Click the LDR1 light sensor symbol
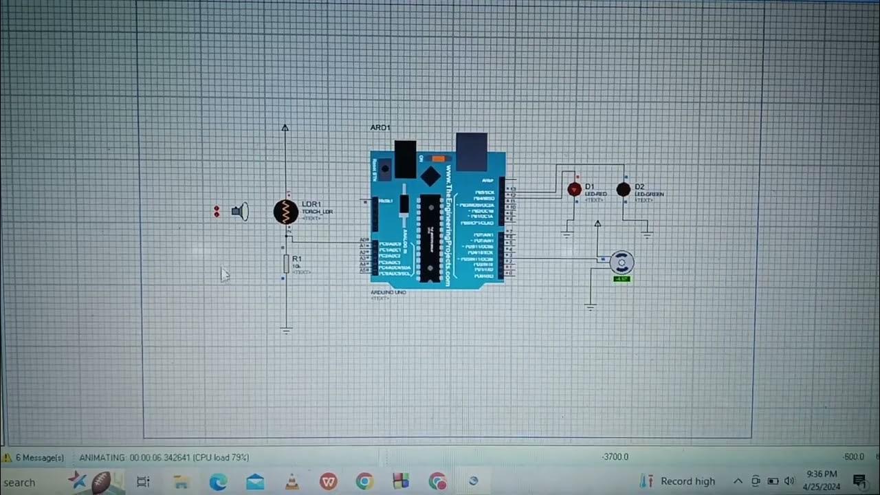click(286, 212)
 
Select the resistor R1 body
click(286, 263)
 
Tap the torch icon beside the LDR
click(240, 212)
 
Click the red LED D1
click(574, 190)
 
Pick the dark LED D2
click(624, 190)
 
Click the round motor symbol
click(621, 262)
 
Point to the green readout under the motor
click(621, 279)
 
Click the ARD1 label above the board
click(380, 128)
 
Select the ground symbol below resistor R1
click(286, 331)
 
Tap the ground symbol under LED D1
click(566, 234)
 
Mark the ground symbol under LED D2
click(647, 234)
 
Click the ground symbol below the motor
click(591, 307)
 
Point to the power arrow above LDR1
click(285, 128)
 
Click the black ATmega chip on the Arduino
click(430, 238)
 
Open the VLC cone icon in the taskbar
click(291, 481)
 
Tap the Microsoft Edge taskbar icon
click(218, 481)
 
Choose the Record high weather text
click(687, 481)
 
